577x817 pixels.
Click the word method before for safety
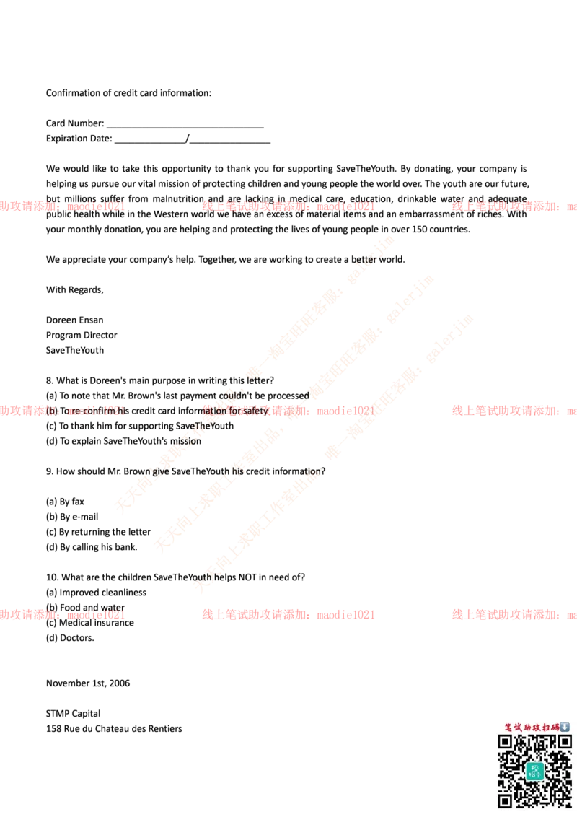point(213,411)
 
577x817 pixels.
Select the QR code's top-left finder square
point(506,742)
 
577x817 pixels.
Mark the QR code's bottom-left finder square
point(506,799)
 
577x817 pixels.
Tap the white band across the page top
point(288,48)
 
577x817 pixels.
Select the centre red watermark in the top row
point(288,206)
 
